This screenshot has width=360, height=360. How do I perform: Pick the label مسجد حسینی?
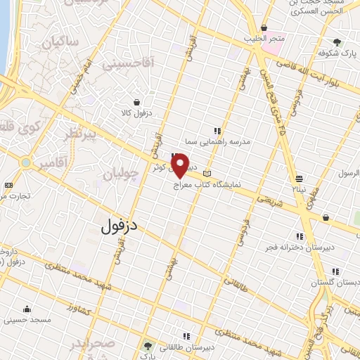click(x=27, y=319)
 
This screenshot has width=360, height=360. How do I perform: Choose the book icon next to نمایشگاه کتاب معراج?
click(x=206, y=173)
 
